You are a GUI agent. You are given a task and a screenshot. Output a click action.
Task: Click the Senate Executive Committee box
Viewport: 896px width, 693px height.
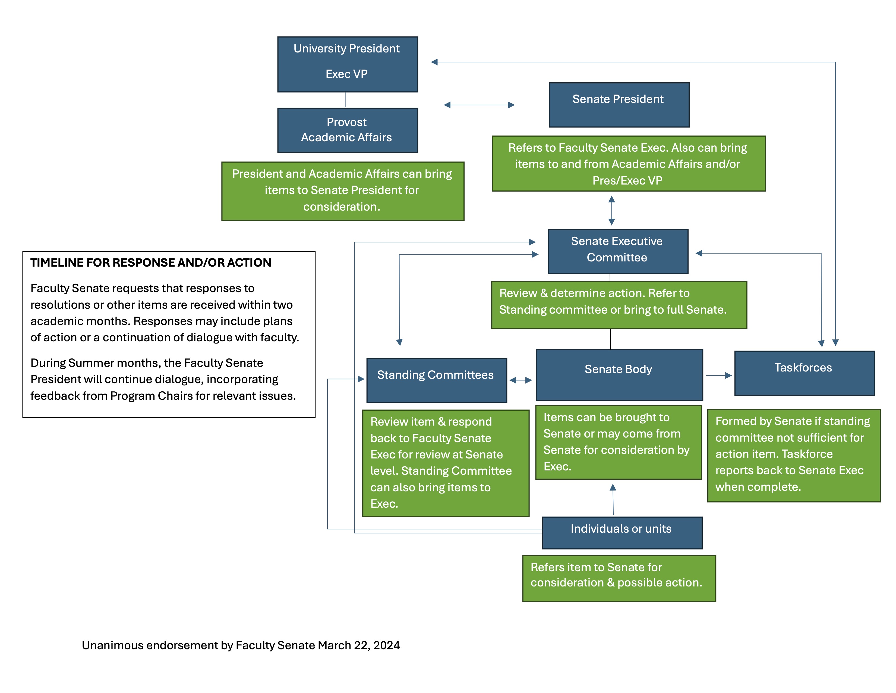point(617,251)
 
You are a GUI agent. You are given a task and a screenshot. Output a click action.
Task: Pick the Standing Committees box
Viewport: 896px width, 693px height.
point(436,380)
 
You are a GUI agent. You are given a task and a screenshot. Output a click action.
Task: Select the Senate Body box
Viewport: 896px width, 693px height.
point(619,374)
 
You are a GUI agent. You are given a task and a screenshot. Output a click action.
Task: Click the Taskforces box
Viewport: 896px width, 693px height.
point(804,373)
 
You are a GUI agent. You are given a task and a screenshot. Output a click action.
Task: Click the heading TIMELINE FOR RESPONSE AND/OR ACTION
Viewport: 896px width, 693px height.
point(151,263)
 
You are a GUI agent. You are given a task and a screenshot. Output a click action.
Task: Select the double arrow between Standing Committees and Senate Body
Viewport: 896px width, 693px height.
point(520,380)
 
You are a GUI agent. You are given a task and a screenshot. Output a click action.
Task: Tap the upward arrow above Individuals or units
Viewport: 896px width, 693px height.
point(613,499)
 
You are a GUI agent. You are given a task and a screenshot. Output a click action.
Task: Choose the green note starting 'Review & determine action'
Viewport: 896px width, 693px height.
point(619,305)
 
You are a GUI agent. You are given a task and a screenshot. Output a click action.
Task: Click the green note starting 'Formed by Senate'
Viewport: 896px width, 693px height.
point(793,455)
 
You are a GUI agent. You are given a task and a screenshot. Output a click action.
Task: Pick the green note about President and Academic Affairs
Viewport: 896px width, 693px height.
point(343,191)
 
